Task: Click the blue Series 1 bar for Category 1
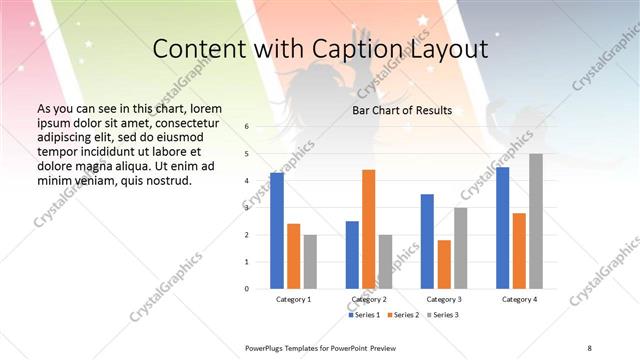[x=277, y=231]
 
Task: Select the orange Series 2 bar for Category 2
[x=368, y=229]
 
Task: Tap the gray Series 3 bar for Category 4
[x=536, y=221]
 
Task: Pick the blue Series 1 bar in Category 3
[x=427, y=241]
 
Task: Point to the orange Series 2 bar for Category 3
[x=444, y=264]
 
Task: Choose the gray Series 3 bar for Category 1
[x=310, y=262]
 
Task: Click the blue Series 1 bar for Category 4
[x=502, y=228]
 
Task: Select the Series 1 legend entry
[x=365, y=315]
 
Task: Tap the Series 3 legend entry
[x=443, y=315]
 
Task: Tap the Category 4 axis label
[x=519, y=299]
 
